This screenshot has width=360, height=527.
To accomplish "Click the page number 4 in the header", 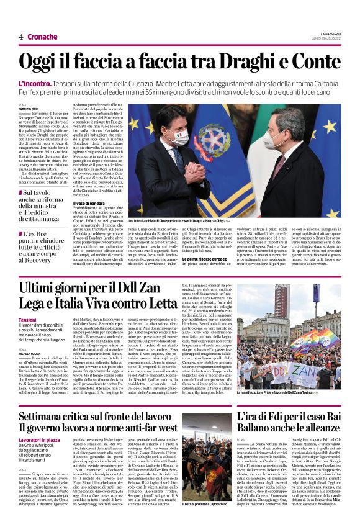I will (20, 37).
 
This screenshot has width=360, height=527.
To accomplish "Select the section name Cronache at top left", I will (42, 37).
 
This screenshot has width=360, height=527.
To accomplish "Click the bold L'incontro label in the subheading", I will (34, 83).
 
